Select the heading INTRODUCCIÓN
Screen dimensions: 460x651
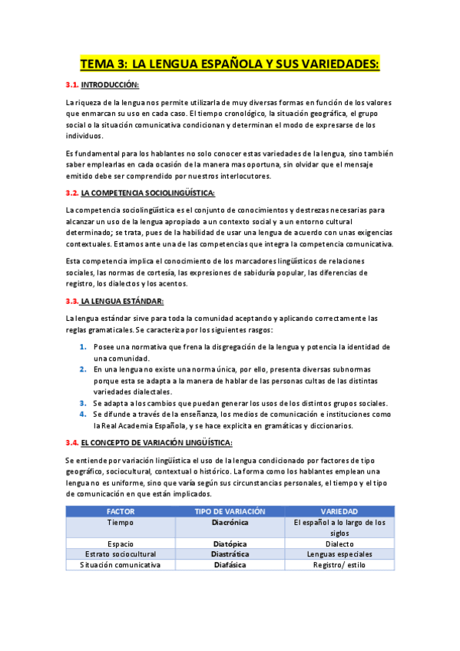(110, 84)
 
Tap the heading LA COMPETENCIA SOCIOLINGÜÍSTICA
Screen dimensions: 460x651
(148, 193)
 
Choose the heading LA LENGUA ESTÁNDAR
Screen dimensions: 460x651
(122, 301)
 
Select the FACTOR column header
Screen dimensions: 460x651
(121, 511)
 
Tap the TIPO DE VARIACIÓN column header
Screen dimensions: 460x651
(230, 511)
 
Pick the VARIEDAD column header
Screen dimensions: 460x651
(339, 511)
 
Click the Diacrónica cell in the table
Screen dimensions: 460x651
(230, 522)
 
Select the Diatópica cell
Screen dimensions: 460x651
(230, 543)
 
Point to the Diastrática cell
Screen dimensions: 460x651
(230, 554)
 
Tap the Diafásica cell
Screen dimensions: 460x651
(230, 564)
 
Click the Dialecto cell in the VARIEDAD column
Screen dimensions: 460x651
(339, 543)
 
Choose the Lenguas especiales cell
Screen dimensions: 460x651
(339, 554)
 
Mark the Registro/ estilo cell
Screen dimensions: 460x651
(339, 564)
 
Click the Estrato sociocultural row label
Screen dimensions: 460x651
(121, 554)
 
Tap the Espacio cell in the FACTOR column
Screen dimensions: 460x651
(121, 543)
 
